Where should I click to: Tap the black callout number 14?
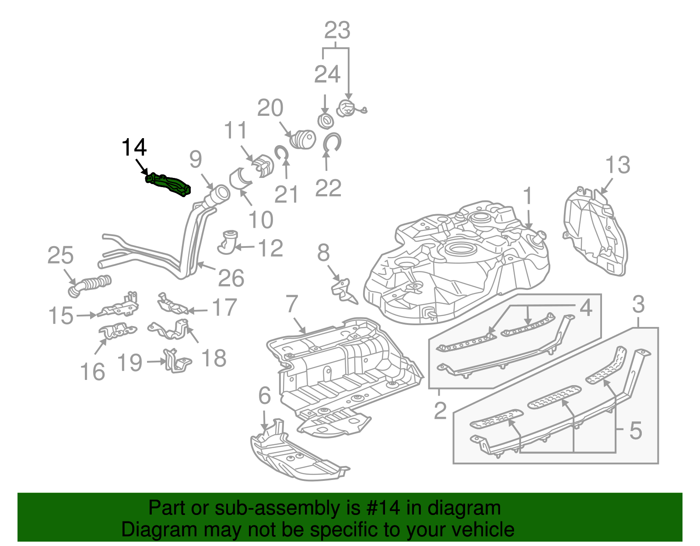pyautogui.click(x=134, y=147)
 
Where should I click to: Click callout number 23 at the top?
pyautogui.click(x=337, y=30)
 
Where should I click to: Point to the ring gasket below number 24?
pyautogui.click(x=325, y=120)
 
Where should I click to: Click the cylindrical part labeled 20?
pyautogui.click(x=303, y=139)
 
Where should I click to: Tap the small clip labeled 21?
pyautogui.click(x=280, y=153)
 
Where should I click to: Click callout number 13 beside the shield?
pyautogui.click(x=617, y=165)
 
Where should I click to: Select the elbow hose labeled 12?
pyautogui.click(x=227, y=243)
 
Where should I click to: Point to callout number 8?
pyautogui.click(x=323, y=253)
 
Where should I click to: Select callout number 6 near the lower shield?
pyautogui.click(x=265, y=396)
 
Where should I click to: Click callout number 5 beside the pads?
pyautogui.click(x=635, y=430)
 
